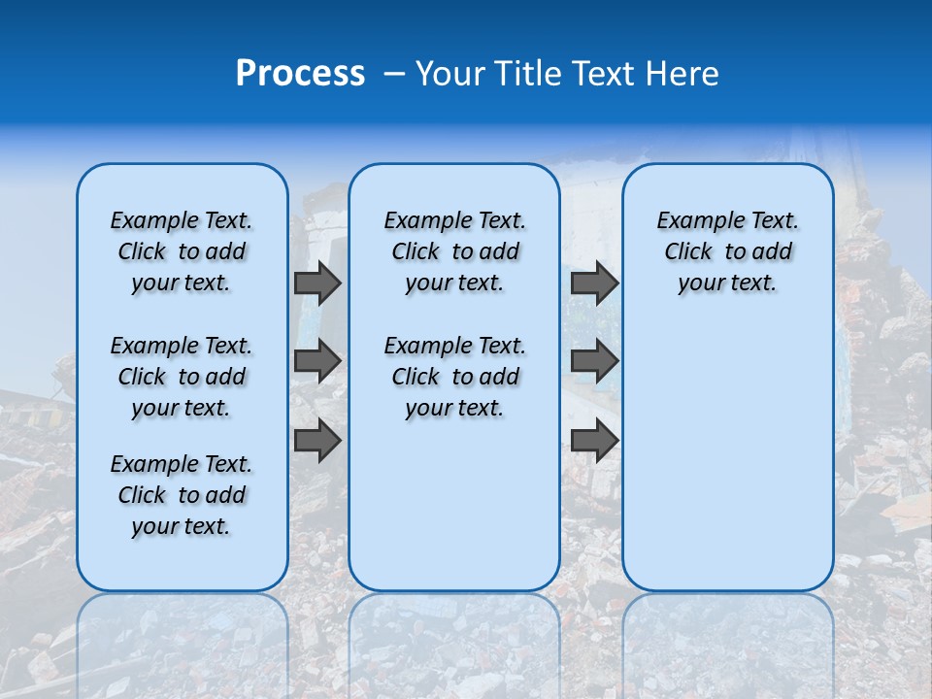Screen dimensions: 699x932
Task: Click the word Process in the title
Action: click(300, 74)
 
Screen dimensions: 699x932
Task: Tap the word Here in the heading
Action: click(682, 74)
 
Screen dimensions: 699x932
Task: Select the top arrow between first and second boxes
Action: click(317, 283)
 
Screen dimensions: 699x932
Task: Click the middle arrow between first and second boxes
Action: click(317, 361)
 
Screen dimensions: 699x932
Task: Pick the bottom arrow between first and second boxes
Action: click(317, 441)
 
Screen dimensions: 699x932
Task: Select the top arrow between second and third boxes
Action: click(594, 283)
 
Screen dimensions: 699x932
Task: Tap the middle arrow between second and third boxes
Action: click(594, 361)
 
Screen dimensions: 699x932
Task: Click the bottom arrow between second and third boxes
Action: click(594, 441)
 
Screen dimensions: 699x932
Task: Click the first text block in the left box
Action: click(182, 251)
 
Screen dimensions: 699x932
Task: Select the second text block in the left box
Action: click(182, 377)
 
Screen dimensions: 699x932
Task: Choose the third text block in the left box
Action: click(182, 495)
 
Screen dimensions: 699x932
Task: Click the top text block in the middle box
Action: click(454, 251)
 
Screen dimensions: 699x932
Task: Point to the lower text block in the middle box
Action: click(454, 377)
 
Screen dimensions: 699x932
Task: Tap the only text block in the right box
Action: click(727, 251)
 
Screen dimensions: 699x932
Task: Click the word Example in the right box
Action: click(693, 221)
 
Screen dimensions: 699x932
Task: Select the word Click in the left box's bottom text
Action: click(142, 495)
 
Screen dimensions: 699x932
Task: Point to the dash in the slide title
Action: click(393, 75)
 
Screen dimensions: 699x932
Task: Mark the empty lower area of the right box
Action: click(727, 456)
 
